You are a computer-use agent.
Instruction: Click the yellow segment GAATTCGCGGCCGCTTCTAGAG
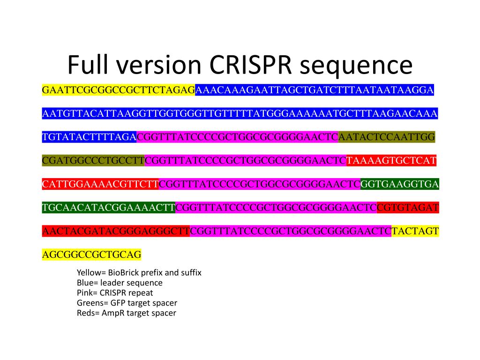(x=118, y=90)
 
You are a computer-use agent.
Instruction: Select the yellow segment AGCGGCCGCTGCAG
(x=91, y=255)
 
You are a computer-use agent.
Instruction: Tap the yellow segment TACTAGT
(x=415, y=231)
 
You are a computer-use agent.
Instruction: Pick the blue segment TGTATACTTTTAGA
(x=89, y=137)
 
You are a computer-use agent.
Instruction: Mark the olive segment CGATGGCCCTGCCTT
(x=93, y=161)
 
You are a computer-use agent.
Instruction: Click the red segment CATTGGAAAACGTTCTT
(x=100, y=184)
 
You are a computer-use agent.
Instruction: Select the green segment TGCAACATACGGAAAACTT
(x=108, y=208)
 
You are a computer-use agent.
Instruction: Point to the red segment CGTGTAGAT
(x=407, y=208)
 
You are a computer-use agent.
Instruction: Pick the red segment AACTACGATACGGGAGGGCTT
(x=116, y=231)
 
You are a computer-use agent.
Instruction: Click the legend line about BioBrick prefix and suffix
(x=139, y=272)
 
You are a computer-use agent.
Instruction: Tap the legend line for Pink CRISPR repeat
(x=114, y=293)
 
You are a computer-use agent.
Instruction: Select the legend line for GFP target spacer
(x=127, y=303)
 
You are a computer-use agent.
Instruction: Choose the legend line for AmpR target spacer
(x=126, y=313)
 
